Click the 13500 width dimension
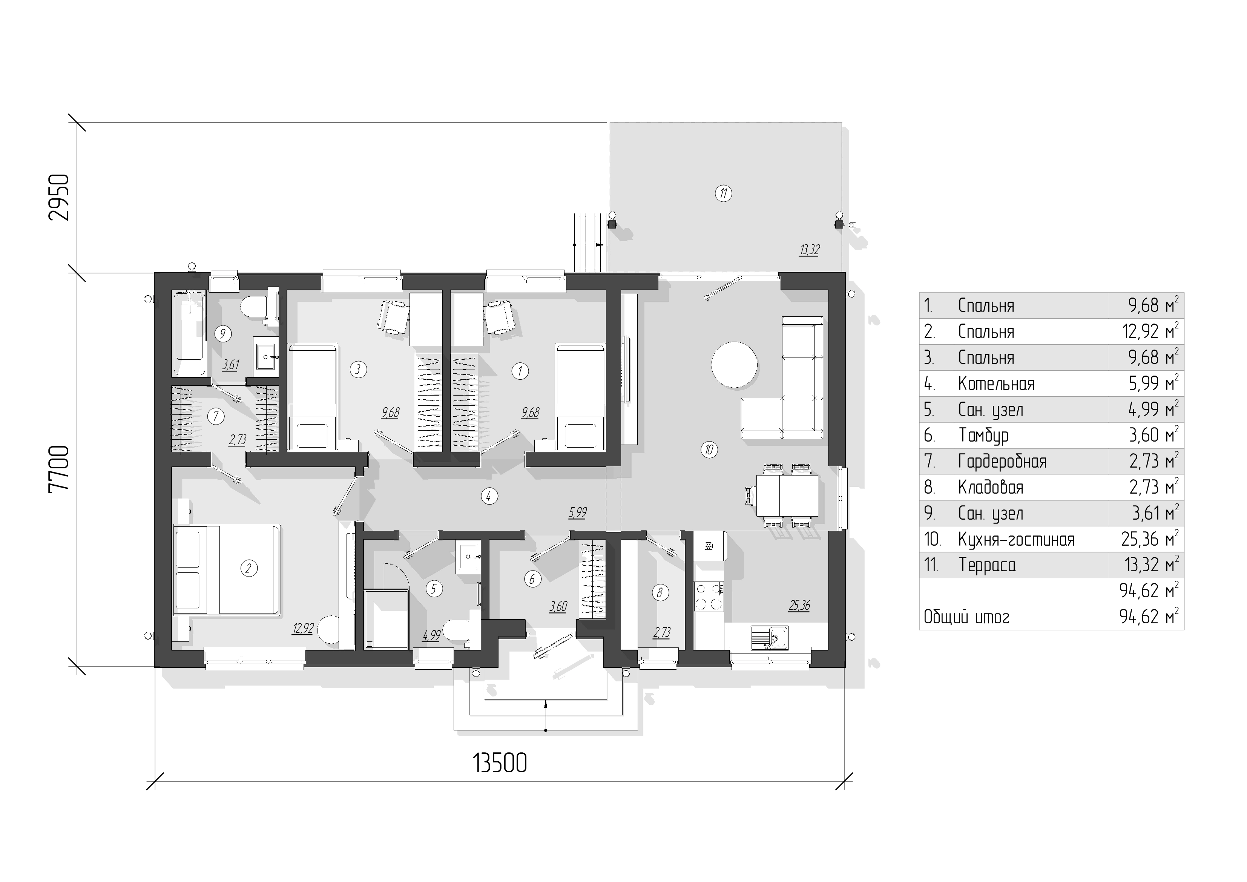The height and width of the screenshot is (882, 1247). coord(500,763)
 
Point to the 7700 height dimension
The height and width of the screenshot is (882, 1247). coord(59,468)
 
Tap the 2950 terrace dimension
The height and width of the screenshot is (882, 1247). coord(59,196)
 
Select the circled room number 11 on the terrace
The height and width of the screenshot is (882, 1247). coord(724,193)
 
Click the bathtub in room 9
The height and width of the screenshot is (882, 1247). coord(189,334)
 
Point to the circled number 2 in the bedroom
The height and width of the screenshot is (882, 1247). coord(249,569)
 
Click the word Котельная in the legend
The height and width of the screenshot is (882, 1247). coord(996,384)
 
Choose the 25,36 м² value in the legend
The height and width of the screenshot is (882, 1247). coord(1150,539)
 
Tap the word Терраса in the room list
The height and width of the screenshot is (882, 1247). coord(987,565)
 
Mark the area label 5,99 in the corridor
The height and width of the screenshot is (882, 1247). coord(578,512)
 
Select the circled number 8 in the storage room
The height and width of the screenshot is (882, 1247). coord(660,592)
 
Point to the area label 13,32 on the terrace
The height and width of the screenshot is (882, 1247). coord(809,250)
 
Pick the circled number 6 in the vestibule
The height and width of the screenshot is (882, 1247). coord(532,579)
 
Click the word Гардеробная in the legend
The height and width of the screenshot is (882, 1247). coord(1002,462)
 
